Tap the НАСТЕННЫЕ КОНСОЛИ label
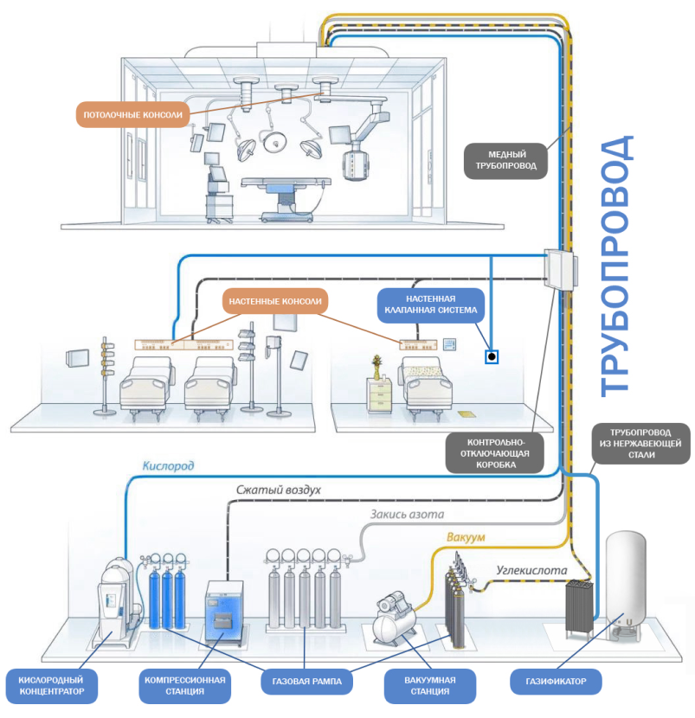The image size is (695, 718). tap(275, 302)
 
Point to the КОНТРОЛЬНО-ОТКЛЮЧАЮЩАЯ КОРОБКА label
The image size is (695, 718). tap(492, 452)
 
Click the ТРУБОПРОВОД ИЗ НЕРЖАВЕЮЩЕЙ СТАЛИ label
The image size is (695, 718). tap(640, 442)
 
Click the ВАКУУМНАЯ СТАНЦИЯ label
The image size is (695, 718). tap(430, 683)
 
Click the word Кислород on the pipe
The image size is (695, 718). tap(168, 465)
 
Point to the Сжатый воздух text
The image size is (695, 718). tap(279, 490)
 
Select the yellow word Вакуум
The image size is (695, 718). tap(466, 538)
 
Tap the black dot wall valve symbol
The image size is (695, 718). tap(491, 356)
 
